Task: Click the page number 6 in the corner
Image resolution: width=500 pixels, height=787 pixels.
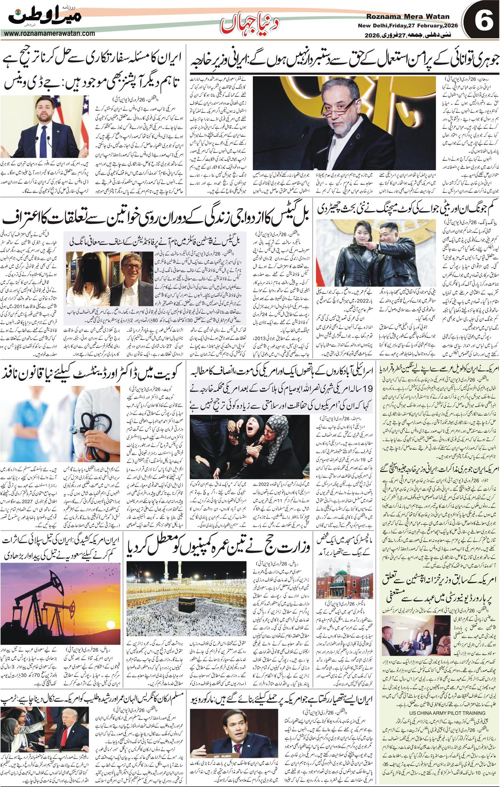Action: coord(481,21)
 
